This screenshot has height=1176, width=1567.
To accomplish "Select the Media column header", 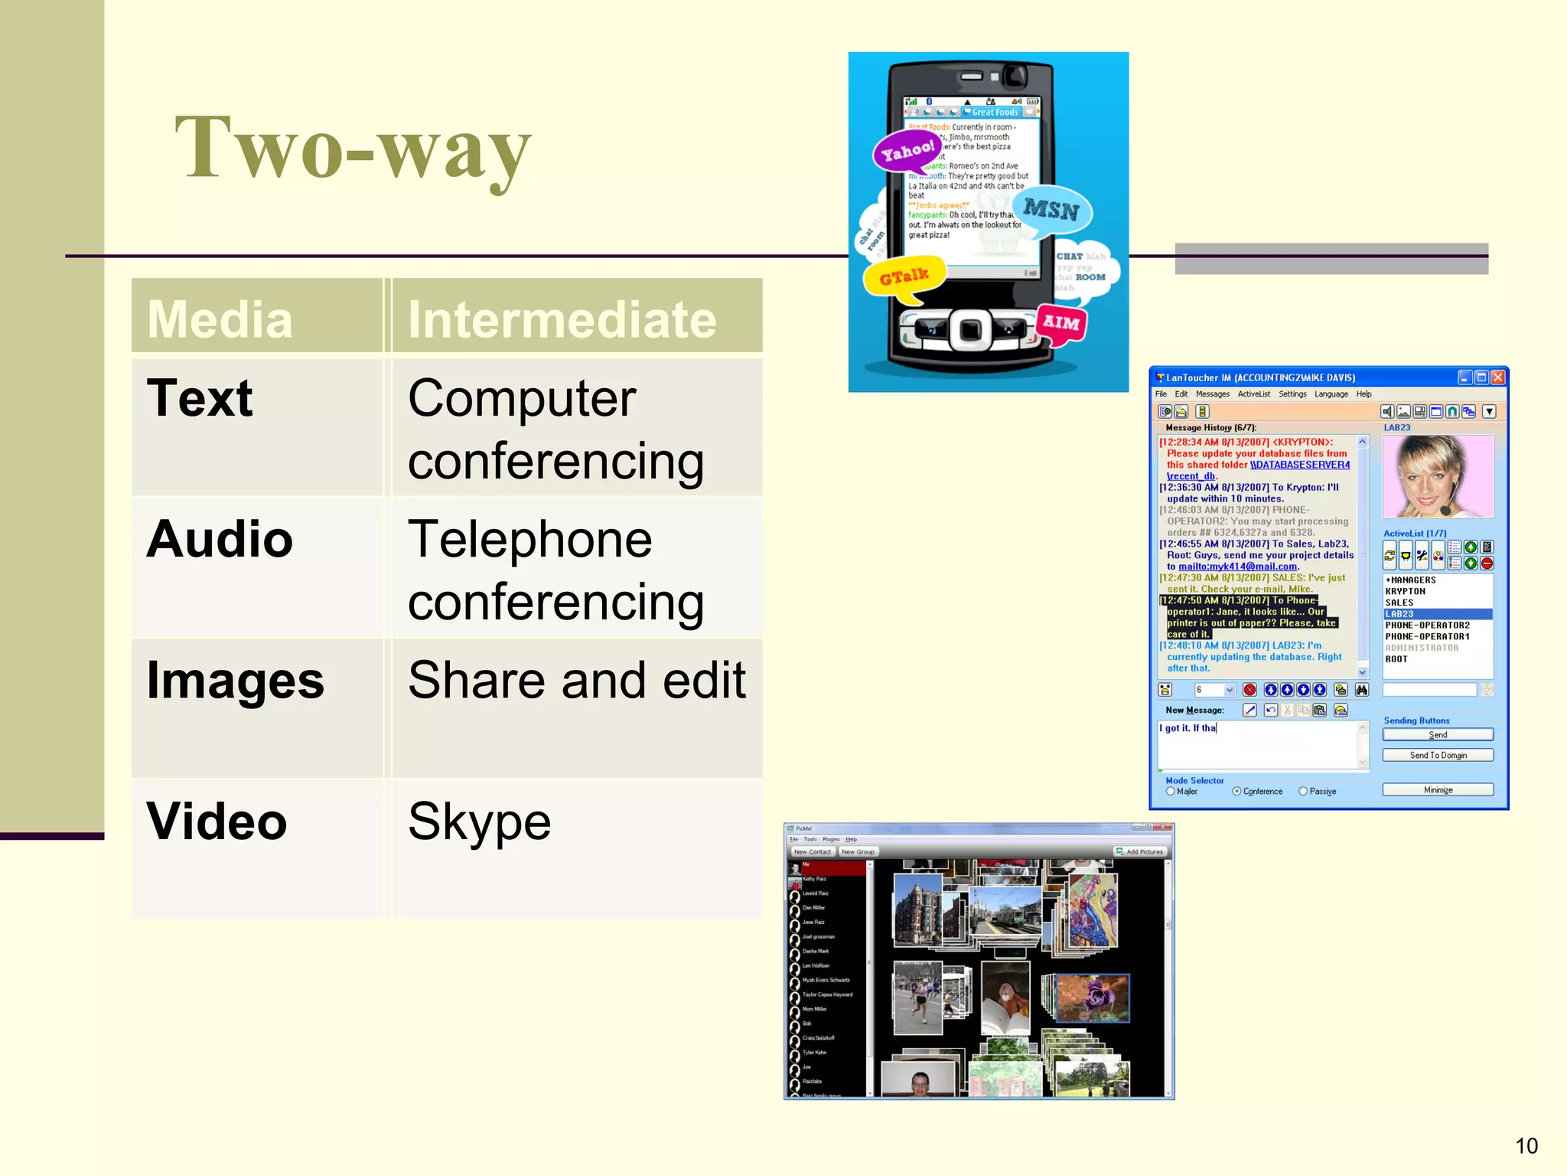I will coord(220,318).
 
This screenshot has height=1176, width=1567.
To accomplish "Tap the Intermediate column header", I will coord(562,318).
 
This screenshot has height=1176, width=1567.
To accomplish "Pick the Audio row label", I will coord(220,539).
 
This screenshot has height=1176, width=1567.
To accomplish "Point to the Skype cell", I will coord(480,822).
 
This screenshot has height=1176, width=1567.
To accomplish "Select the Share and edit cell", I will coord(577,680).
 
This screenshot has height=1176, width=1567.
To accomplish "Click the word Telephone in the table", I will coord(530,539).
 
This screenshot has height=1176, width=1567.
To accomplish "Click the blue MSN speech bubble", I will coord(1051,209).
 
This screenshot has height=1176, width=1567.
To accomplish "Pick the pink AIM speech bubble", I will coord(1060,322).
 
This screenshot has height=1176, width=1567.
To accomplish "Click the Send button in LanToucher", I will coord(1437,734).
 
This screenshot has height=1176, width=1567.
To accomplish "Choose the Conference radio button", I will coord(1236,791).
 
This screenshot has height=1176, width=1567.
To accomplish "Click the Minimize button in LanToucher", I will coord(1437,789).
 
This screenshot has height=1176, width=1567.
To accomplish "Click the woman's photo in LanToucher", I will coord(1437,476).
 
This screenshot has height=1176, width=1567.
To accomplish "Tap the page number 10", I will coord(1526,1145).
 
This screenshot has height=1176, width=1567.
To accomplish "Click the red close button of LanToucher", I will coord(1497,377).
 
